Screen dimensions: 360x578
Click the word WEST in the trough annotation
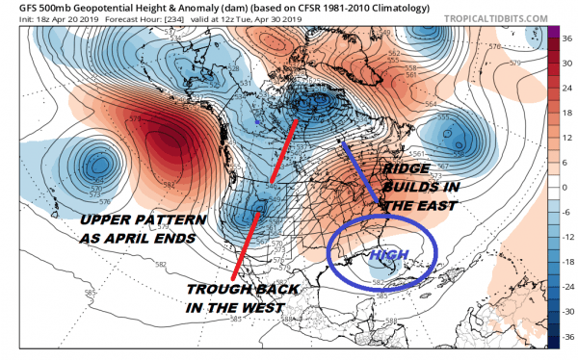[260, 307]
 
